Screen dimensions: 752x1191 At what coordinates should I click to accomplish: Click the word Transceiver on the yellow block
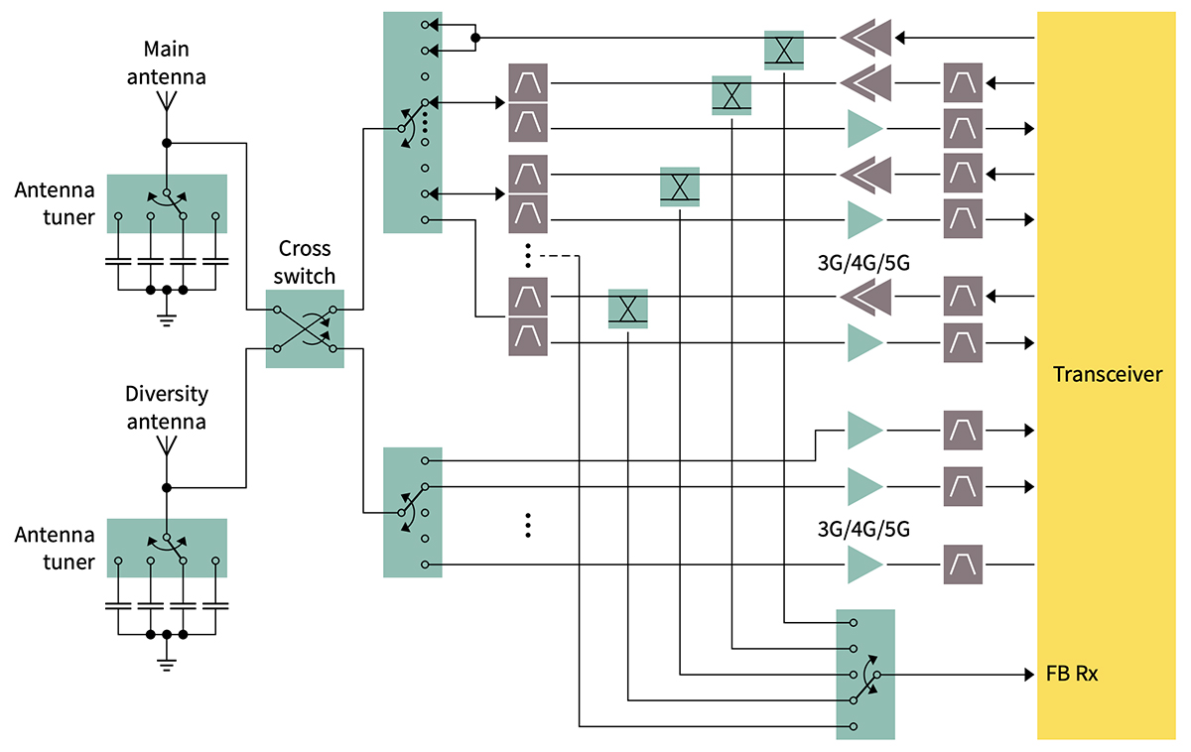1108,375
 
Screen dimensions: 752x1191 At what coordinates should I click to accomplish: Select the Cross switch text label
304,262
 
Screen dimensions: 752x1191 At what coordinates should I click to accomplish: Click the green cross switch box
305,329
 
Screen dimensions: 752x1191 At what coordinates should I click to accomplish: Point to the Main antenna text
167,62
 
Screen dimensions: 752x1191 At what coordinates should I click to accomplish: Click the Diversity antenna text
167,407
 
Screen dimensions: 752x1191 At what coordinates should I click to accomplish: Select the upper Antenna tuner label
55,203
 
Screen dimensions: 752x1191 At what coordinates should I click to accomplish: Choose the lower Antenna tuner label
55,549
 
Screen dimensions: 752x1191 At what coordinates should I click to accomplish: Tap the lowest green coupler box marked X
627,309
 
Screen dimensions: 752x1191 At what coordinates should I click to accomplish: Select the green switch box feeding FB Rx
865,675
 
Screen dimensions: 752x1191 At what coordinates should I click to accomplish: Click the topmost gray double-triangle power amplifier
865,39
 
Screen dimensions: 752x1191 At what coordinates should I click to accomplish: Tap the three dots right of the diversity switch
528,526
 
